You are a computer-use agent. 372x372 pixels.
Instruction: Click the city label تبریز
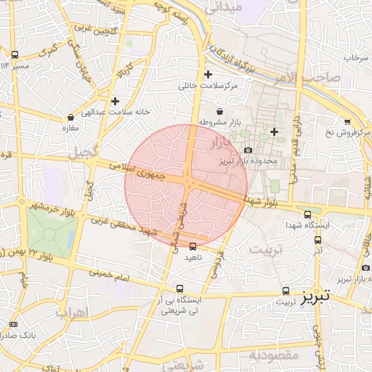point(316,296)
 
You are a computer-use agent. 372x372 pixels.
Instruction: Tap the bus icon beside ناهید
point(193,246)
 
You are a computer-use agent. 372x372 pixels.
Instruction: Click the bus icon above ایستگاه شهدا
point(308,214)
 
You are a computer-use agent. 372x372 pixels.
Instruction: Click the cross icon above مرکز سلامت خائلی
point(209,74)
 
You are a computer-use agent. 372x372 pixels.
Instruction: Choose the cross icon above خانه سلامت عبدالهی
point(115,100)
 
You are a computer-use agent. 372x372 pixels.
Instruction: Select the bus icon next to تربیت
point(286,290)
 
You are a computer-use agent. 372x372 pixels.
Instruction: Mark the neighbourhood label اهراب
point(70,312)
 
